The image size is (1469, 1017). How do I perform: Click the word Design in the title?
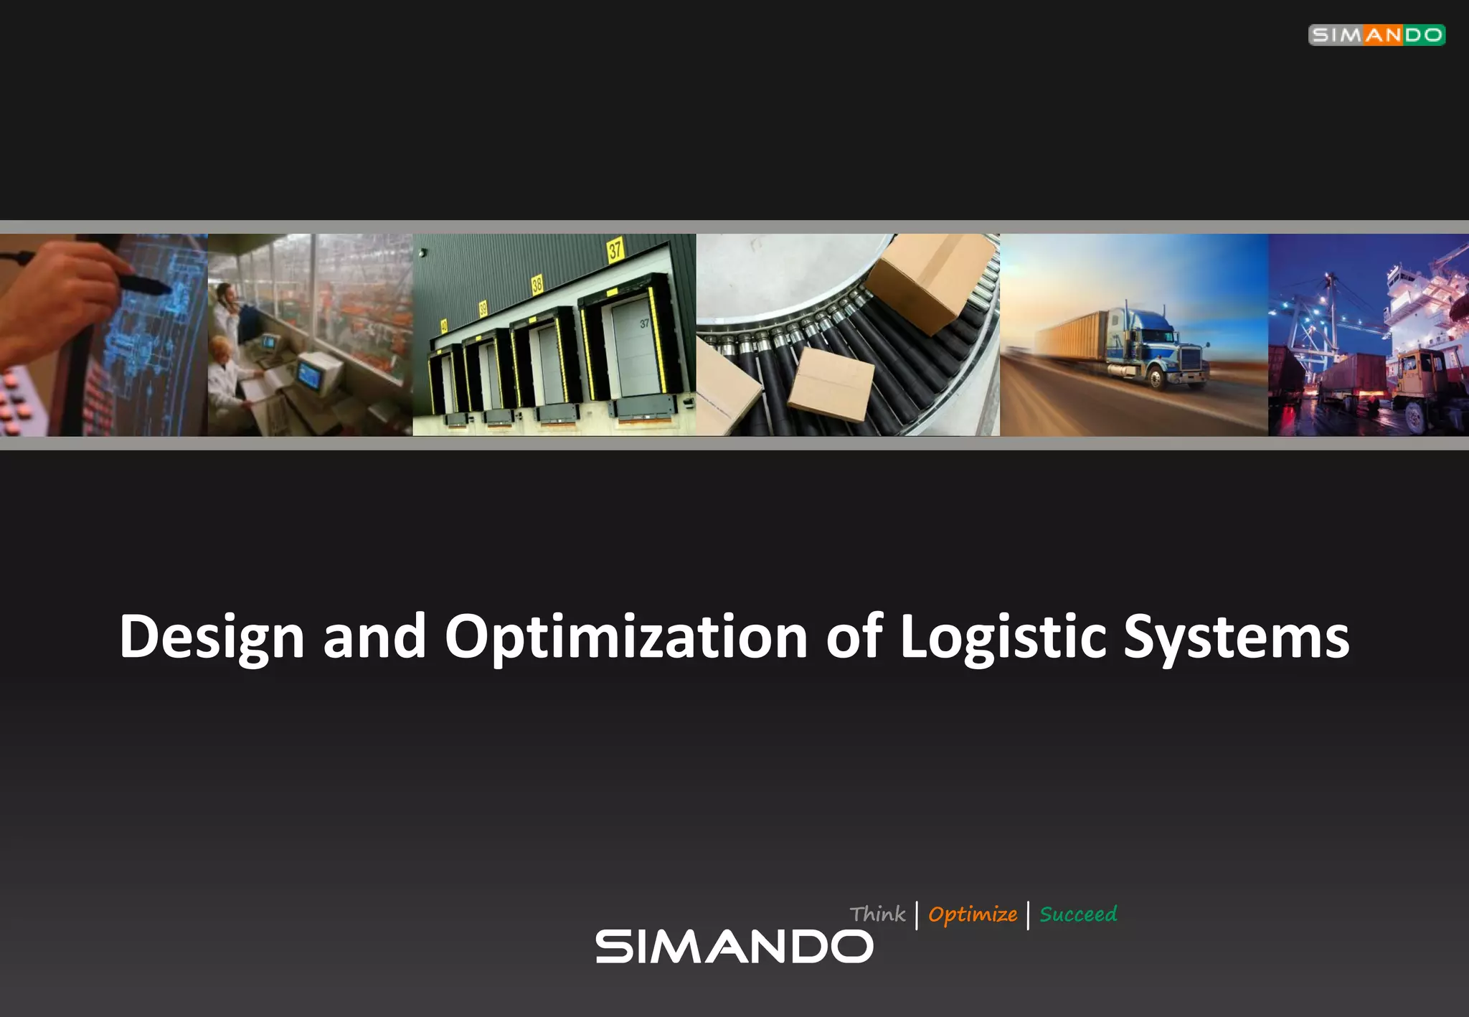212,637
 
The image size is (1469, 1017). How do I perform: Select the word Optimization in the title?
626,637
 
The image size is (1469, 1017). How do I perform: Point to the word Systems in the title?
1236,637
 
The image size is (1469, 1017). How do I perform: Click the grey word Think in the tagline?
877,914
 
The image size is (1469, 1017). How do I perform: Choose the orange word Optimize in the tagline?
972,914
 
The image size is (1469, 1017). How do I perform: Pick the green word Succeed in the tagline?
1078,914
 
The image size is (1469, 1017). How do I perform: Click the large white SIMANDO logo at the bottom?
734,947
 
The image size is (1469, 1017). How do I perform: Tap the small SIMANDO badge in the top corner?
1376,35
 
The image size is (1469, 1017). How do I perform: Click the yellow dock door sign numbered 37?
615,249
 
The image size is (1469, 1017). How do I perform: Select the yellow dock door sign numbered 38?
537,285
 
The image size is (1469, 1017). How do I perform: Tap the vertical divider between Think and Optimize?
917,916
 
